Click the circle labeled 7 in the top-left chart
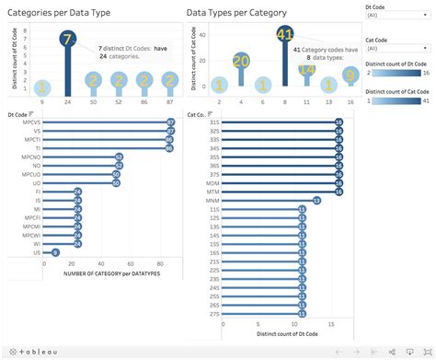pos(67,39)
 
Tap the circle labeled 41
pos(284,35)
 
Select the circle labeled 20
pos(241,62)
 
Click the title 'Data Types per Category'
pos(236,13)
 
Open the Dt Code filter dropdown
pos(396,16)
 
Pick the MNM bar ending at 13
pos(267,200)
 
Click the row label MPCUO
pos(31,173)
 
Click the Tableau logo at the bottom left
pos(32,351)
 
